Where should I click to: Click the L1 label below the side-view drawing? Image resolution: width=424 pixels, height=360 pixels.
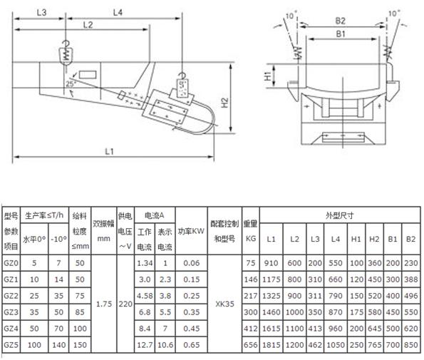click(109, 151)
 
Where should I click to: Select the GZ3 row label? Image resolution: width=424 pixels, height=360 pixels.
click(11, 312)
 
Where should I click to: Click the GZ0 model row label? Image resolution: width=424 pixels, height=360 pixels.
click(11, 262)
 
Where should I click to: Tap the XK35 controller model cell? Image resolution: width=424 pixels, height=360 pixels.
click(225, 303)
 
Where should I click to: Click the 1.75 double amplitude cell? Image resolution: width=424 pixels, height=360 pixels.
click(103, 303)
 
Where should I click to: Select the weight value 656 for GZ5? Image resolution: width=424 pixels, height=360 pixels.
click(250, 344)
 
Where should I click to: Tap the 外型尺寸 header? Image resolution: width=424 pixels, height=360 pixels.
click(340, 214)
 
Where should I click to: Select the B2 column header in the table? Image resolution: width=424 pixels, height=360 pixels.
click(410, 239)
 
